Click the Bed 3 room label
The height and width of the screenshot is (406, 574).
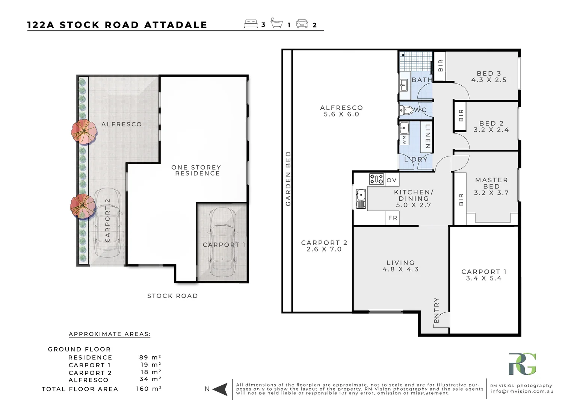(x=488, y=73)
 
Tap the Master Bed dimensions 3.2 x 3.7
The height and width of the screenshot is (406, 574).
(x=491, y=193)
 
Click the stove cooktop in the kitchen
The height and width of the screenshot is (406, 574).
(x=376, y=179)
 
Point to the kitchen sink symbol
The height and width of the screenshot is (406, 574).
(x=361, y=199)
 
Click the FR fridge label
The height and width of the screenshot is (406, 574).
(x=393, y=218)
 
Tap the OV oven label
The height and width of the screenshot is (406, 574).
(x=391, y=180)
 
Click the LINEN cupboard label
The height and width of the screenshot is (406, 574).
(x=427, y=136)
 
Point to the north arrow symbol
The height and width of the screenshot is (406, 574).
(x=221, y=389)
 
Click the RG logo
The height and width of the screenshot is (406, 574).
(x=522, y=364)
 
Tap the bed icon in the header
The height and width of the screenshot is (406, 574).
(x=251, y=24)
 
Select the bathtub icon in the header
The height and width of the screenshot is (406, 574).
(x=277, y=24)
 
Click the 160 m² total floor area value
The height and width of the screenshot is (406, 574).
(x=149, y=389)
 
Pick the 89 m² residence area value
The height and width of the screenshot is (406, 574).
(x=150, y=357)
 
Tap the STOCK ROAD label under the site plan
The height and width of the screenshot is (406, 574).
(x=172, y=296)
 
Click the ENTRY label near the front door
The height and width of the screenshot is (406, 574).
(x=437, y=310)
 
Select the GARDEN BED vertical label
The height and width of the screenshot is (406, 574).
(x=288, y=179)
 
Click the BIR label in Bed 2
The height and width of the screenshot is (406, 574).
(x=461, y=115)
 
